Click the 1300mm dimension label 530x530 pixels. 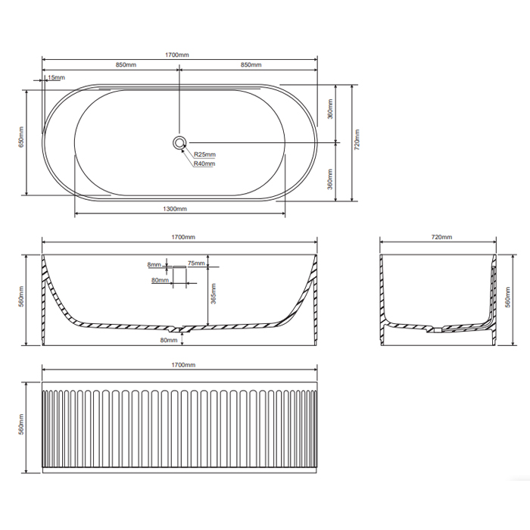tap(175, 209)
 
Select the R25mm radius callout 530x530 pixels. tap(204, 154)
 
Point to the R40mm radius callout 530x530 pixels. tap(204, 164)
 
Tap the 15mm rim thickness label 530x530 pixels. tap(56, 77)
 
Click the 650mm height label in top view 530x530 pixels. tap(21, 137)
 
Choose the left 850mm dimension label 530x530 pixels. tap(126, 64)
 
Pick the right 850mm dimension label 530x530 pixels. tap(251, 64)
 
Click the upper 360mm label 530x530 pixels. tap(330, 109)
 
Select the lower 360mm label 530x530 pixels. tap(330, 179)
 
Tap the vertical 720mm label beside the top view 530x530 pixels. tap(357, 139)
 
